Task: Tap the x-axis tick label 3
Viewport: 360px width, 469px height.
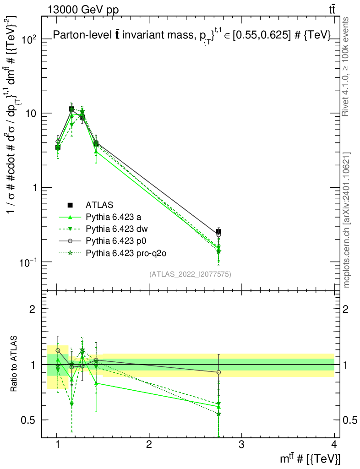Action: (x=241, y=444)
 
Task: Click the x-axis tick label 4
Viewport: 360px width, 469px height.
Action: (x=333, y=444)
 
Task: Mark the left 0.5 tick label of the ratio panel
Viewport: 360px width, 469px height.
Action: (x=30, y=420)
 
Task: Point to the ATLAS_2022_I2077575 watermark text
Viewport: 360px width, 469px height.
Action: (x=190, y=274)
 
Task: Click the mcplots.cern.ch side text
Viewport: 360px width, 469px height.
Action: (x=347, y=220)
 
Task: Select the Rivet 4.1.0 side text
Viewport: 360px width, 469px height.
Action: (x=347, y=66)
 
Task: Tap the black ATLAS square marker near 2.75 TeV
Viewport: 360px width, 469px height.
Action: (x=218, y=232)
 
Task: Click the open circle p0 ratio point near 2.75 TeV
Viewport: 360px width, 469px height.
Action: (x=218, y=372)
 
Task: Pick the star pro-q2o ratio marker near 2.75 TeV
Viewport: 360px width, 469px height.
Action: (x=218, y=414)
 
